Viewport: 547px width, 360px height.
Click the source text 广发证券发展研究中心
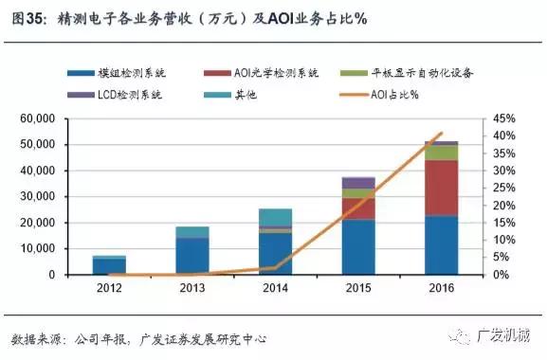click(205, 339)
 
